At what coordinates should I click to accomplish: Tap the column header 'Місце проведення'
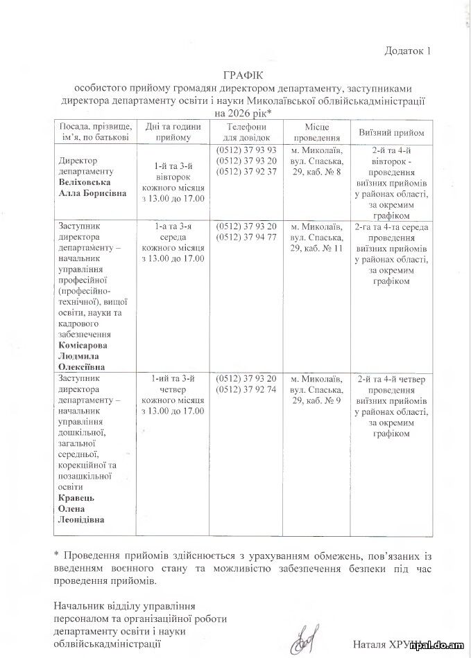[x=316, y=132]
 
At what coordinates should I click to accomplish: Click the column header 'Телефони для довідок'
[x=246, y=132]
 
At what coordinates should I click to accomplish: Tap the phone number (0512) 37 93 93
[x=246, y=150]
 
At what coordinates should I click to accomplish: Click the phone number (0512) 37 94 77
[x=246, y=237]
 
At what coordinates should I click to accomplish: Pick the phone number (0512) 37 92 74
[x=246, y=390]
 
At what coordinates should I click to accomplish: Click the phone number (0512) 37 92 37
[x=246, y=171]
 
